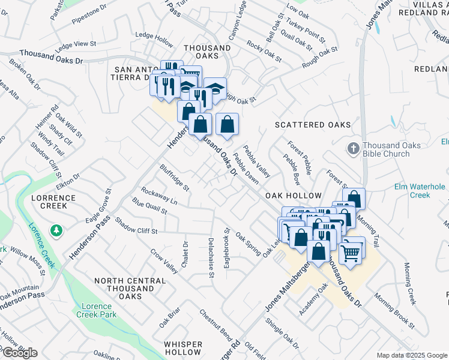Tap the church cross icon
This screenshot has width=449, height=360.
pos(354,148)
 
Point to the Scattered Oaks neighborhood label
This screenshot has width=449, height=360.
pos(312,125)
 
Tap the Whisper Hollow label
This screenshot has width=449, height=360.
pos(183,348)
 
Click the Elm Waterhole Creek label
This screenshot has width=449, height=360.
pos(420,191)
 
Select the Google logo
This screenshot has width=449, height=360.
pos(20,353)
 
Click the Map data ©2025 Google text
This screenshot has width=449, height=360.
pos(412,355)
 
